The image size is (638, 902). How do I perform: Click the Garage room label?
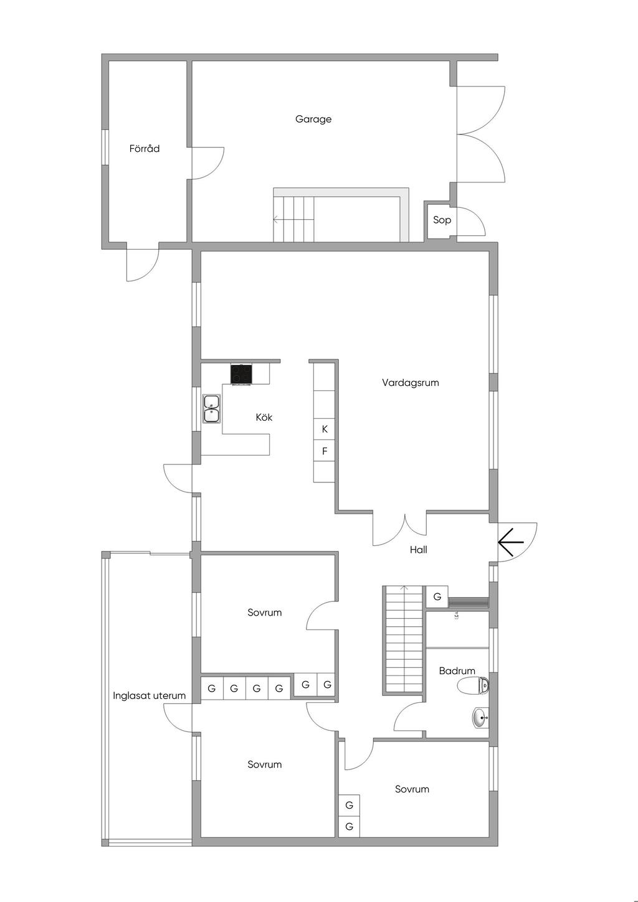tap(313, 119)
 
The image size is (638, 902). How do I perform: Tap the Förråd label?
tap(145, 149)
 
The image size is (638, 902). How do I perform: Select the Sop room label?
tap(442, 220)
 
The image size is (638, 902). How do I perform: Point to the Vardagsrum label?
tap(411, 383)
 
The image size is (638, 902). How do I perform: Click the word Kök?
tap(264, 417)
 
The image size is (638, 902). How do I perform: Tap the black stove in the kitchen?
tap(241, 374)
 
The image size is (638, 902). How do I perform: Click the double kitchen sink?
tap(212, 409)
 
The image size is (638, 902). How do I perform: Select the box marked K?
tap(325, 430)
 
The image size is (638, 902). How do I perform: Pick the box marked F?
tap(325, 451)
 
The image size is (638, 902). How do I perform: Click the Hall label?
tap(418, 550)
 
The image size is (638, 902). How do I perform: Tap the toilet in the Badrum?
tap(474, 686)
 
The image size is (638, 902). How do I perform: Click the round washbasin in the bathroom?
tap(480, 718)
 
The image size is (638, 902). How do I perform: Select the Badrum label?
tap(457, 671)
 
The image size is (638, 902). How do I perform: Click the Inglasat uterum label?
tap(149, 695)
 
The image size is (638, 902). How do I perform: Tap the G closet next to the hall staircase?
tap(437, 596)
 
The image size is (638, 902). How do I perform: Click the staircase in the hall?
tap(404, 640)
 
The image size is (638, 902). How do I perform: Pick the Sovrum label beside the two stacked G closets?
tap(412, 789)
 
